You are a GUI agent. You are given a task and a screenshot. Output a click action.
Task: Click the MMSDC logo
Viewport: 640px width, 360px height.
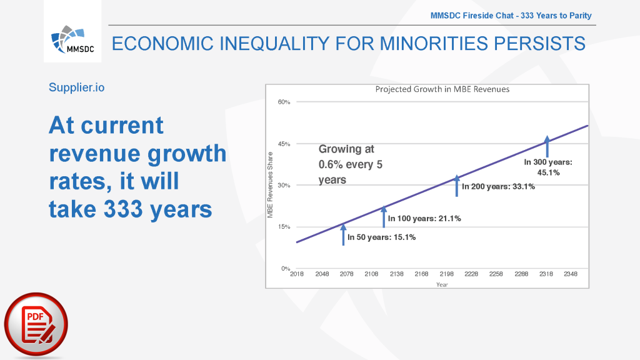(x=72, y=39)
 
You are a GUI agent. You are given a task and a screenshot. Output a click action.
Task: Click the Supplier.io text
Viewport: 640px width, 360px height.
(x=77, y=87)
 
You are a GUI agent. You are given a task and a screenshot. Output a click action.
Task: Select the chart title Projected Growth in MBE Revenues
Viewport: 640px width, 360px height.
(x=442, y=89)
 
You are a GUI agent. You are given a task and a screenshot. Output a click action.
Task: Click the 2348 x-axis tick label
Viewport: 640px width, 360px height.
(x=571, y=274)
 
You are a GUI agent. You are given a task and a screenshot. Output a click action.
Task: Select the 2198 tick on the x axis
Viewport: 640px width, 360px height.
(x=446, y=274)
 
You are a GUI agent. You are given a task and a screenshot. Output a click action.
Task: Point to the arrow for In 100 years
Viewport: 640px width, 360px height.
(x=384, y=216)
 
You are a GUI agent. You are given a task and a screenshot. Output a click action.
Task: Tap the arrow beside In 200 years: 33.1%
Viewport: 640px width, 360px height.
(x=457, y=186)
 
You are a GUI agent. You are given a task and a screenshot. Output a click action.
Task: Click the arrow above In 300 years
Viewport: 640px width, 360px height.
(x=547, y=146)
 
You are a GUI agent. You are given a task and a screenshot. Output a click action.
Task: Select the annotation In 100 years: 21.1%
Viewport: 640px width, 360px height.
(x=424, y=219)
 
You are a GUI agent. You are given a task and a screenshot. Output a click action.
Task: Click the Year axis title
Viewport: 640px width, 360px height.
(x=442, y=284)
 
